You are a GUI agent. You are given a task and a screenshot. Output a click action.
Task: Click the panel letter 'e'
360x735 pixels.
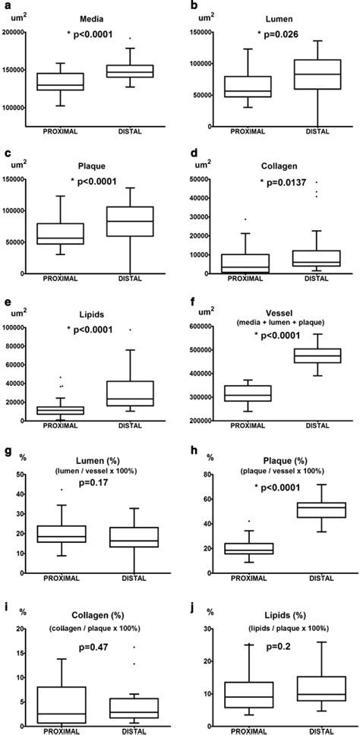(6, 301)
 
